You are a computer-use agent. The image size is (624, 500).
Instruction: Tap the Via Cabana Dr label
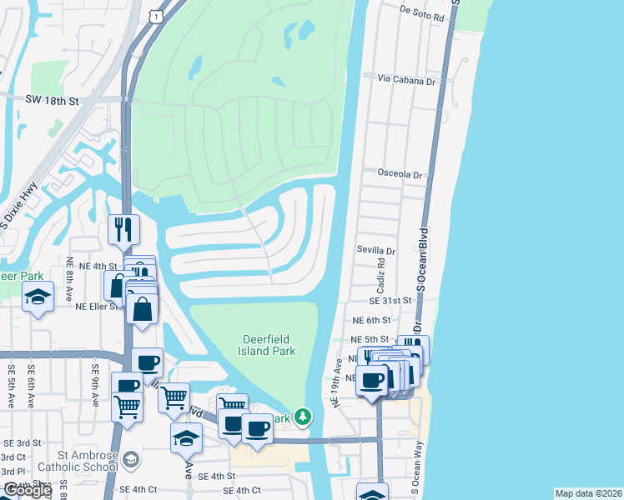406,81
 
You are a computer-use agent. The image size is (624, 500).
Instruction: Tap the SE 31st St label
392,300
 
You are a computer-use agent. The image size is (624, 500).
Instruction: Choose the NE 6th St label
371,320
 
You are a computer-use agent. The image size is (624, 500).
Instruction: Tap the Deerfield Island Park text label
269,345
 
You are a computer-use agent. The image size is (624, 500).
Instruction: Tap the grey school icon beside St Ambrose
131,459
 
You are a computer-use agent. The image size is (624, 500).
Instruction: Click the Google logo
27,490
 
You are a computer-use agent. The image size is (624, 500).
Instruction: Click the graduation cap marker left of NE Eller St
38,297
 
